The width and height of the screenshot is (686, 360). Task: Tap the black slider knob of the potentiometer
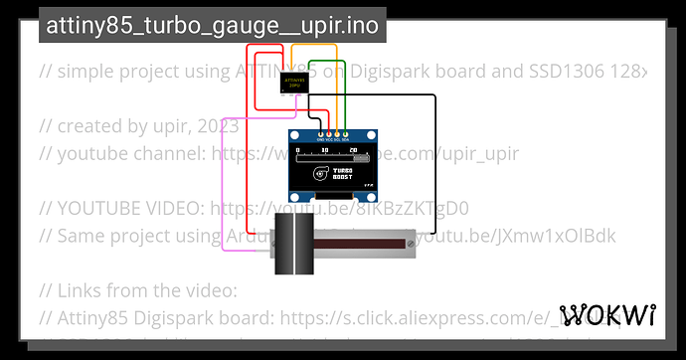(293, 243)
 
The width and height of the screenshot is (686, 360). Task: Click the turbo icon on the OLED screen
(320, 172)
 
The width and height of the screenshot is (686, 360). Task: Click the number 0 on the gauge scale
(297, 150)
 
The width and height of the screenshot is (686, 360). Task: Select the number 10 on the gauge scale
(324, 150)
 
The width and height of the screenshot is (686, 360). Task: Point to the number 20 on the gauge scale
(353, 150)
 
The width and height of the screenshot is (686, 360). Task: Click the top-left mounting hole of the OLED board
(294, 136)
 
